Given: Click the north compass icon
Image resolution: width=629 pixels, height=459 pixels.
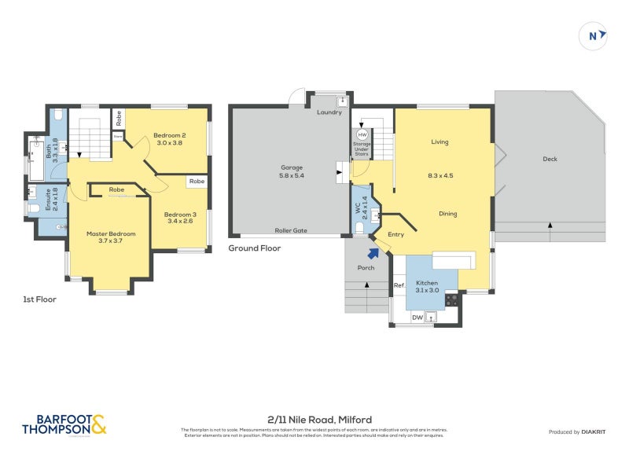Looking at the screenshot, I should tap(594, 35).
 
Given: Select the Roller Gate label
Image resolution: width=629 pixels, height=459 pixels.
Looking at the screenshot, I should tap(291, 230).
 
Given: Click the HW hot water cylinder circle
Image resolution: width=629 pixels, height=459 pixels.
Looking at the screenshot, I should tap(362, 135).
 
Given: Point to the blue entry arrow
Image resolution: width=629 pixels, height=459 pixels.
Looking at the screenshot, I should tap(373, 252).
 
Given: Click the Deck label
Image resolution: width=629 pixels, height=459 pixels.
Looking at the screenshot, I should tap(550, 159).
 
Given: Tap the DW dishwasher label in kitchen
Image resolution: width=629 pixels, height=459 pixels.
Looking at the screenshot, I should tap(418, 318).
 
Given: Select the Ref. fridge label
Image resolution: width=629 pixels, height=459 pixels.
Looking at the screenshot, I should tap(399, 285).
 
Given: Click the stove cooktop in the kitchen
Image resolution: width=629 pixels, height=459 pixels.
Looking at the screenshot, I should tap(454, 299).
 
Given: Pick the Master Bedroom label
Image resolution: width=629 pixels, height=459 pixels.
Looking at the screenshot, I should tap(111, 233).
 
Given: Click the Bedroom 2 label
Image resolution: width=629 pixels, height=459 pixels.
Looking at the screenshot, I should tap(169, 134).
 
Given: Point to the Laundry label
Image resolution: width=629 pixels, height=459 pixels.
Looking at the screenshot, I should tap(329, 112).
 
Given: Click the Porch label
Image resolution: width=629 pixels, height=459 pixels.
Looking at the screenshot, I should tap(366, 268).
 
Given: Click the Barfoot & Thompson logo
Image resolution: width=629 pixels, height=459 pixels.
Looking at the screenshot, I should tap(64, 425).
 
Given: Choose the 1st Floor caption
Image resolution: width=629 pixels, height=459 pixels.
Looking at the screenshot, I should tap(40, 299).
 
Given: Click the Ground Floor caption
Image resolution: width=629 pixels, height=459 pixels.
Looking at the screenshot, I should tap(254, 248).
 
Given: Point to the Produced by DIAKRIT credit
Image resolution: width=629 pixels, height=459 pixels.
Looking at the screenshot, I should tap(576, 431).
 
